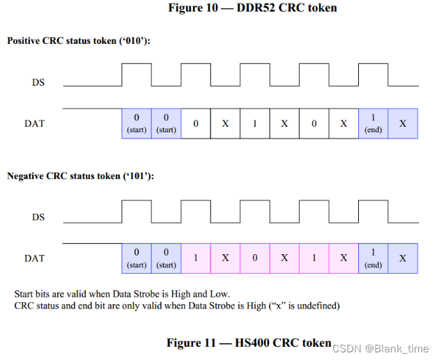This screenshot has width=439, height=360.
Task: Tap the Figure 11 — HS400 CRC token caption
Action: click(248, 343)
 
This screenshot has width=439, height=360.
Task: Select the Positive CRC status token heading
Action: click(79, 41)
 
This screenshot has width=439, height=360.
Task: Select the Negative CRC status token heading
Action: click(81, 176)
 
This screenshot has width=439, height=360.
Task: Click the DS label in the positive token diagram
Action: click(38, 82)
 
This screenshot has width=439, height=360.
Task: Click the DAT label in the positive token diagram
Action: click(34, 123)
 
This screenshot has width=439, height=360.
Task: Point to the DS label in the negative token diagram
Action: click(38, 217)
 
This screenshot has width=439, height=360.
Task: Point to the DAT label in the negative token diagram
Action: click(34, 258)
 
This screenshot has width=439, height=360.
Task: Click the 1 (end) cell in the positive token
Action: click(373, 123)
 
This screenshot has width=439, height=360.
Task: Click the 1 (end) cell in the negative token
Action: click(373, 258)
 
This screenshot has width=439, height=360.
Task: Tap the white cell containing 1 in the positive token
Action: click(255, 123)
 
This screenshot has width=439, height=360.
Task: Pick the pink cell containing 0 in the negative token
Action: click(255, 258)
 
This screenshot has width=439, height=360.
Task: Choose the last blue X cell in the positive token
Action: click(403, 123)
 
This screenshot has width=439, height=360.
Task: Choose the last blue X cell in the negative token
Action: click(403, 258)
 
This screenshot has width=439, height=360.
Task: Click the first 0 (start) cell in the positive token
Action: click(137, 123)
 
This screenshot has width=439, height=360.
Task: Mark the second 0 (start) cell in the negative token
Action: click(166, 258)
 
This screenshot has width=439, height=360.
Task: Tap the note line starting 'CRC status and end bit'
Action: click(177, 306)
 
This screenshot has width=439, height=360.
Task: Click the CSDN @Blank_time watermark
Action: click(380, 348)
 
